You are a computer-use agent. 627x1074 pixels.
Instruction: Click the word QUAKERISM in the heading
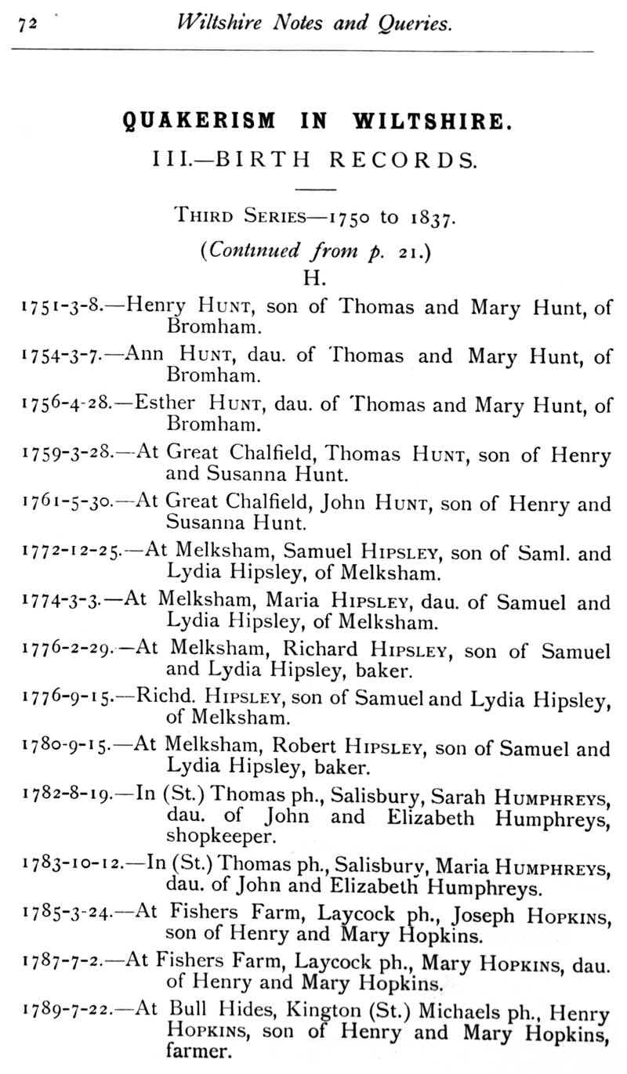(x=200, y=121)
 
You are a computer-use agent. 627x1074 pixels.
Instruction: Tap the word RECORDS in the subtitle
(x=402, y=160)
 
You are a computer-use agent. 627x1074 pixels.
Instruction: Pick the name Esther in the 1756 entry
(x=165, y=404)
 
